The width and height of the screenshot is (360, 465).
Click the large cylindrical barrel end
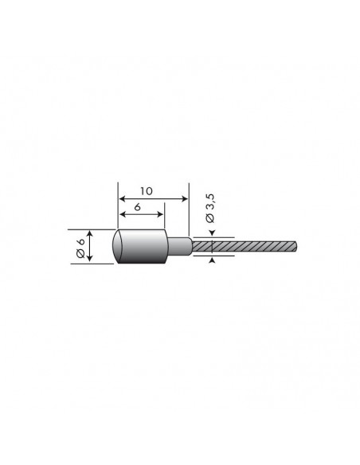pos(142,247)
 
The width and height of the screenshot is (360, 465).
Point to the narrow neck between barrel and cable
pos(179,247)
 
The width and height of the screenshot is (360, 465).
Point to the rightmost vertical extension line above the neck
pos(189,211)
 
